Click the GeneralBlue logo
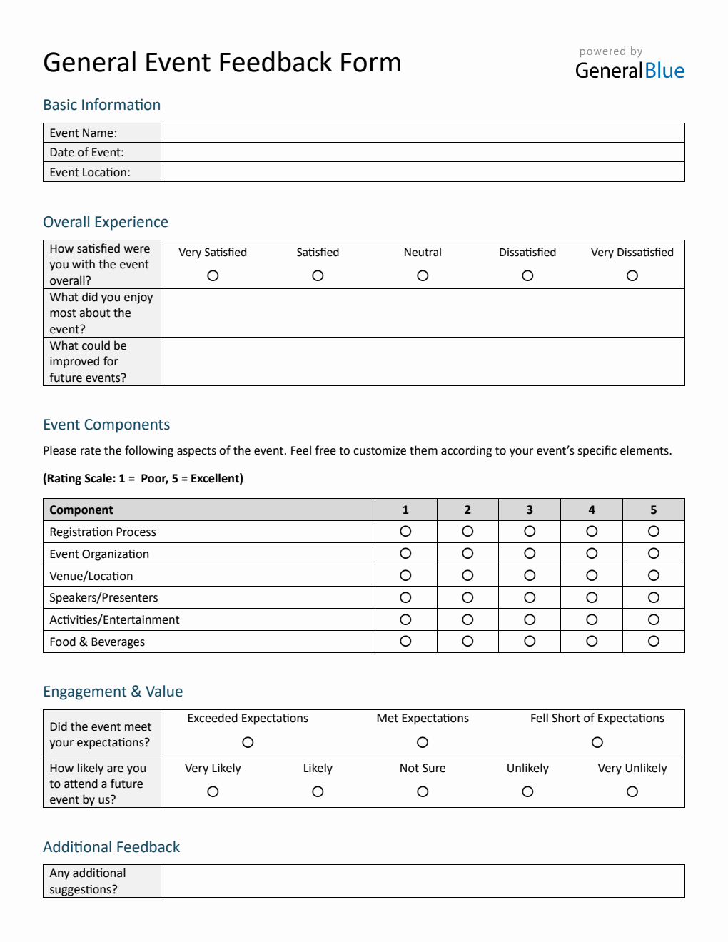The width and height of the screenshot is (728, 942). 630,70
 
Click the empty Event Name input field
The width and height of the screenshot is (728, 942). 423,133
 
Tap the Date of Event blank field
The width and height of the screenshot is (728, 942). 423,152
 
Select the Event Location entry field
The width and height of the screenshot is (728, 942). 423,172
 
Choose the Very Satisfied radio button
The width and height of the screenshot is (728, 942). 213,275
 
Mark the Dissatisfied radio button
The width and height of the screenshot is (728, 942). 527,275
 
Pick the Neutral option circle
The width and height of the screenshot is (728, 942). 423,275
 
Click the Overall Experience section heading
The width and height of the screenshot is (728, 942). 106,222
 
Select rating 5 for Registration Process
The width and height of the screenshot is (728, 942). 653,531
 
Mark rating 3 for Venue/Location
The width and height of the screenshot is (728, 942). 530,575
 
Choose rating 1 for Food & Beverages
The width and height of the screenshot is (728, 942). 405,641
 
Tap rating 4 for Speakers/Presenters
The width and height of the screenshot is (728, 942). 592,597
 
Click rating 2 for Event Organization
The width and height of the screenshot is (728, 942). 467,553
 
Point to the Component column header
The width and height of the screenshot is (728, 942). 81,510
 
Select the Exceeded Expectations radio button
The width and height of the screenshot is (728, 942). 248,742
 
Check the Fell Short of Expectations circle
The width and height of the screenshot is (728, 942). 597,742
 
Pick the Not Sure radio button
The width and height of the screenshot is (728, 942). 423,791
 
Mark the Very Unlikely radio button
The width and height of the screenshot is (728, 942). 632,791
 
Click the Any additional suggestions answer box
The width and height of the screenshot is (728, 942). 423,881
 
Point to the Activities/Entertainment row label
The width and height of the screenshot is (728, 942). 114,619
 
